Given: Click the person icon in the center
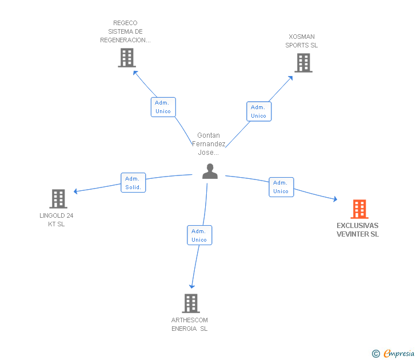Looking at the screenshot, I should (210, 171).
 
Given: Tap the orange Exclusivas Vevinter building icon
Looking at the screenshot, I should (359, 209).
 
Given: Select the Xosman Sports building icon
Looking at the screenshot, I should (303, 63).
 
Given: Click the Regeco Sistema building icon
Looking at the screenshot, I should (126, 58).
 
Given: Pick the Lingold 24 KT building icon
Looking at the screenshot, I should (58, 199).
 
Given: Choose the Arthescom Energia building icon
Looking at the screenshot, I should (190, 303).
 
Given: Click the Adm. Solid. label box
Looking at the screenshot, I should (133, 183).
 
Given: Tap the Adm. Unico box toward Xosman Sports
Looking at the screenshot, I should (258, 111).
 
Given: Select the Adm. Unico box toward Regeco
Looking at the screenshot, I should (163, 107).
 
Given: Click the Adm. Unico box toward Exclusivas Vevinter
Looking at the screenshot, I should (281, 187).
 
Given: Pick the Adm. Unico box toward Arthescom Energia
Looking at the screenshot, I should (199, 235).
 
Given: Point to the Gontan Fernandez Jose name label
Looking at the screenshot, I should (209, 144).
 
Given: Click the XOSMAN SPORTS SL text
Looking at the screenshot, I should (302, 41).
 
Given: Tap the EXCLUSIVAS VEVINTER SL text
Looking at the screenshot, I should (358, 230).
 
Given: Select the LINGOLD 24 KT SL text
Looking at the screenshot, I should (57, 219).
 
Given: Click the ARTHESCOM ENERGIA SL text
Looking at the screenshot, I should (190, 324).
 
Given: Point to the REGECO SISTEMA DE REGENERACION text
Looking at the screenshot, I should (125, 31).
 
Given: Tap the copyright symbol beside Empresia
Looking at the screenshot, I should (376, 354).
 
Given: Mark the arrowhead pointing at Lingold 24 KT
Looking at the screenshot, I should (75, 191).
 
